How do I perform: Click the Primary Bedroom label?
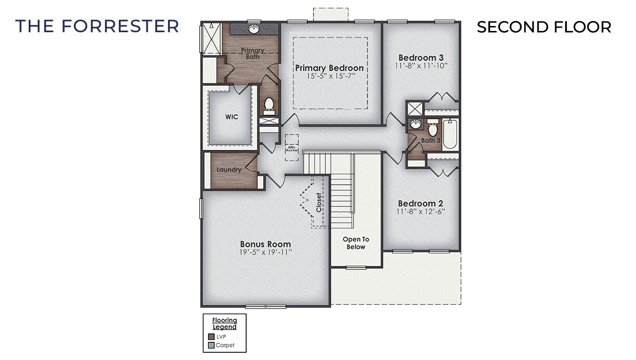(329, 68)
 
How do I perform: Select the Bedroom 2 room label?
(420, 203)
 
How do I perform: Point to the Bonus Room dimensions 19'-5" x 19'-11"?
(265, 252)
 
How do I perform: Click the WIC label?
(231, 117)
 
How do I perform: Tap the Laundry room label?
(228, 170)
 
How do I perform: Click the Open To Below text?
(356, 243)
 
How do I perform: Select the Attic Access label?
(291, 149)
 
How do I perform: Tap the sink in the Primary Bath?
(253, 28)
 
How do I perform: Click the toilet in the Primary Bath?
(269, 104)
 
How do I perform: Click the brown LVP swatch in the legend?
(211, 336)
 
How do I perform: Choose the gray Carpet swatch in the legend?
(211, 346)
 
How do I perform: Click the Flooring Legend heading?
(225, 324)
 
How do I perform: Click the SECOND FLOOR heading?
(544, 27)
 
